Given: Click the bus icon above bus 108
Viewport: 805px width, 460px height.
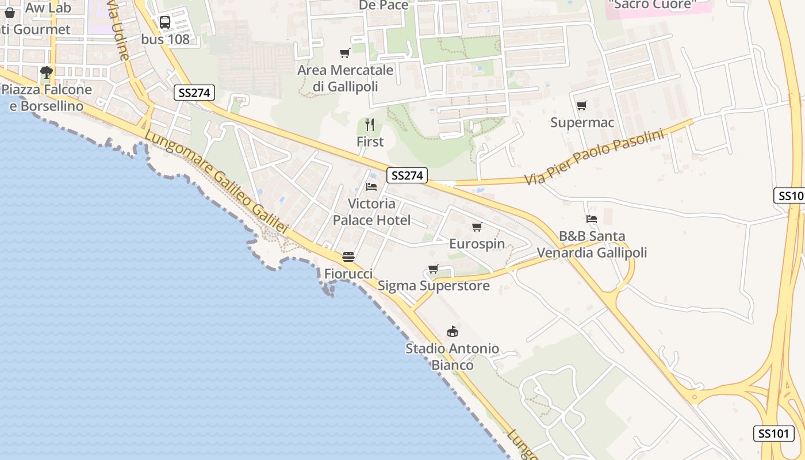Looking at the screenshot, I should click(x=165, y=22).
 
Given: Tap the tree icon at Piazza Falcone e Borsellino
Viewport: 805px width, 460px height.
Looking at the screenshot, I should click(x=47, y=72).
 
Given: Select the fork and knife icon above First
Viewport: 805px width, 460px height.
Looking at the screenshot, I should click(x=370, y=124).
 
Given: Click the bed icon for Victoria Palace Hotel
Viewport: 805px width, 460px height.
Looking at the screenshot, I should click(x=371, y=187).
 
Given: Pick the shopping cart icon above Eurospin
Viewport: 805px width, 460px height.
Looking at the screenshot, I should click(x=477, y=227).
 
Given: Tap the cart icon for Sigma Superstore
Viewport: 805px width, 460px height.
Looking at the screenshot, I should click(x=434, y=269).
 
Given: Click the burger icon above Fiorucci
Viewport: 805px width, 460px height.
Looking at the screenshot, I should click(x=348, y=256).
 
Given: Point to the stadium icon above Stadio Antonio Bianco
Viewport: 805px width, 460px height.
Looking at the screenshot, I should click(x=453, y=332).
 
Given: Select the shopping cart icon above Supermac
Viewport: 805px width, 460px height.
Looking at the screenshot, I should click(x=582, y=106).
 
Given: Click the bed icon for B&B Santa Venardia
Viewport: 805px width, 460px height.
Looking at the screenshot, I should click(x=592, y=219).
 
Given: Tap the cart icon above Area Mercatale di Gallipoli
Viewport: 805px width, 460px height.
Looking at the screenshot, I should click(x=345, y=53).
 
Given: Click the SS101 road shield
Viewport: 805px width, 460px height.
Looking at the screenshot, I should click(x=773, y=434).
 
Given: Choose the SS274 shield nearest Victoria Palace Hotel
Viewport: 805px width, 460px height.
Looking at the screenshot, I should click(x=407, y=175).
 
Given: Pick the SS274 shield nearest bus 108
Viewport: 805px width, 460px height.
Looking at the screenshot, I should click(x=194, y=93).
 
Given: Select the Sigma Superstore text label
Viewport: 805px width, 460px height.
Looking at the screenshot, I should click(x=434, y=286).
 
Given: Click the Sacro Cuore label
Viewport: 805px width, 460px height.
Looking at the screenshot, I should click(x=651, y=5).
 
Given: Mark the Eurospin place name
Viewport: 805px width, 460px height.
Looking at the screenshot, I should click(x=477, y=244).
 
